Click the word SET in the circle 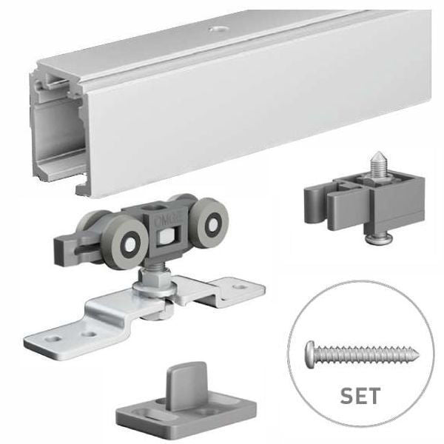360,396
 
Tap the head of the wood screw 310,354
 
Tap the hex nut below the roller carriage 155,276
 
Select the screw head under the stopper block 377,238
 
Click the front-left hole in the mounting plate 54,338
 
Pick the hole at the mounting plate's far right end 240,286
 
